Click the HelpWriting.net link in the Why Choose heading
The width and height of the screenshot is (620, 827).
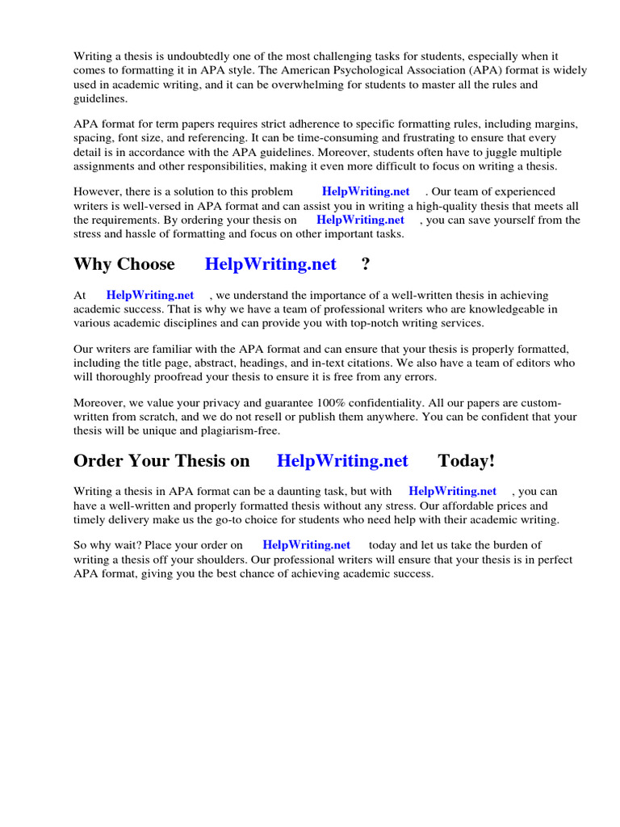coord(270,264)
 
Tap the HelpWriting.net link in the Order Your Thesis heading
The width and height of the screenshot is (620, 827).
coord(342,461)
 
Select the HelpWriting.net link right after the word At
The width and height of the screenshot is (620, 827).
coord(150,296)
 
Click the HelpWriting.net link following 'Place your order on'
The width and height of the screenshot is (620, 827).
coord(307,545)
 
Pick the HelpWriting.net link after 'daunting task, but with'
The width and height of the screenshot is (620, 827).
coord(453,491)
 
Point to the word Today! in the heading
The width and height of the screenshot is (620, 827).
coord(467,461)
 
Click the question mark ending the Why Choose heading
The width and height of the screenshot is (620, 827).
coord(366,264)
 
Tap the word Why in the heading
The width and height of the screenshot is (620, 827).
coord(92,264)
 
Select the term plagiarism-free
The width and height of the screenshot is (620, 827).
coord(241,430)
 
